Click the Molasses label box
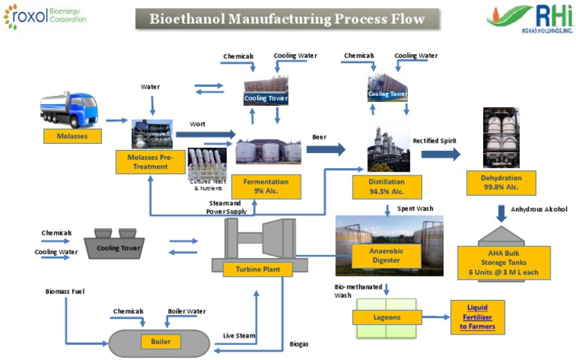click(x=72, y=136)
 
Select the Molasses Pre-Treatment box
click(x=150, y=161)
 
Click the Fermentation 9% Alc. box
click(x=266, y=186)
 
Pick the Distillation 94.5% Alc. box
click(x=387, y=186)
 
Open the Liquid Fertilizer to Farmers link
click(x=477, y=317)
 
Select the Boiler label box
click(x=160, y=342)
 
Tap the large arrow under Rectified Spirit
click(x=440, y=154)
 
